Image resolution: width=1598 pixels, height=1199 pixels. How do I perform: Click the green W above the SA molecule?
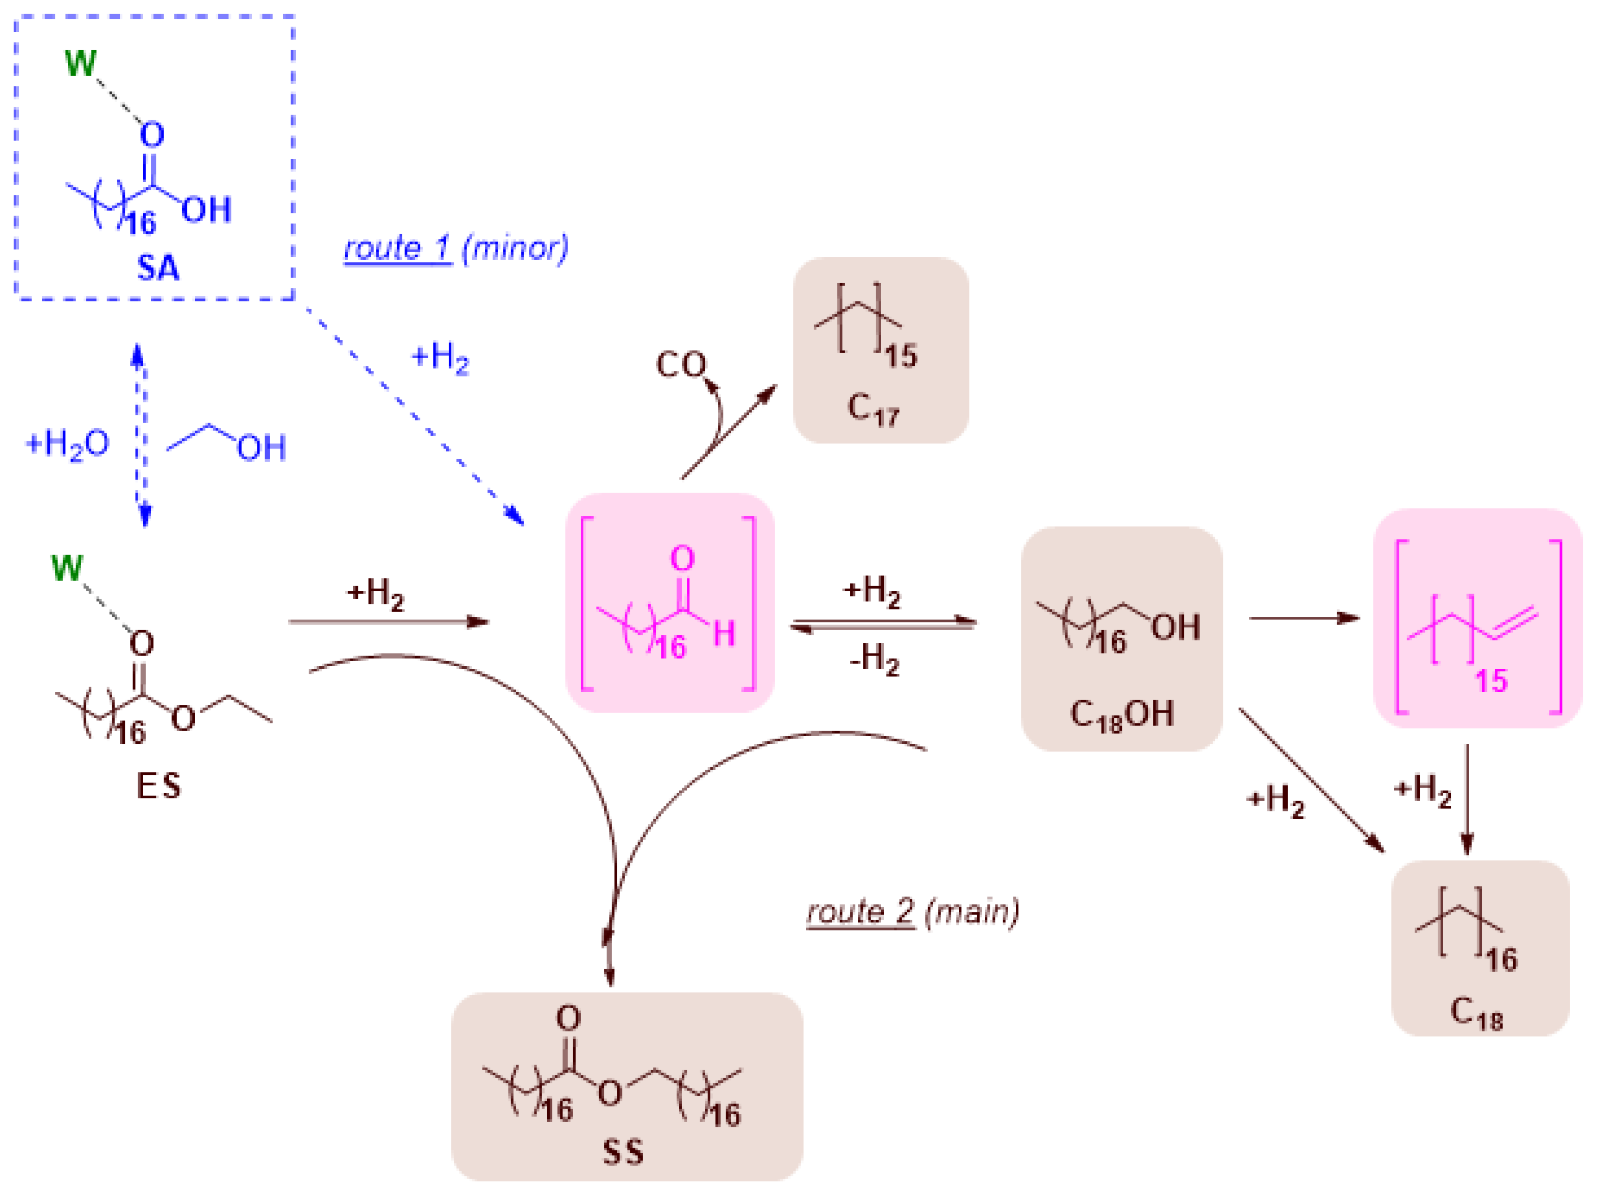click(80, 63)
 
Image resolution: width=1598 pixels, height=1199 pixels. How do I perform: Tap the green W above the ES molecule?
click(67, 568)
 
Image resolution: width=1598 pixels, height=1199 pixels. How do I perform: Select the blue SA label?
click(158, 268)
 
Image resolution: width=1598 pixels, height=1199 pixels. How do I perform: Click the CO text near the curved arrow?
click(681, 365)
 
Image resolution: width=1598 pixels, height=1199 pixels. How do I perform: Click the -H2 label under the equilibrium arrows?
click(874, 659)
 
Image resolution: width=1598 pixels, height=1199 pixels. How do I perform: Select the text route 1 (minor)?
click(456, 249)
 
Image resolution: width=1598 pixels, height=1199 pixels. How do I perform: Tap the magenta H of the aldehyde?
click(724, 634)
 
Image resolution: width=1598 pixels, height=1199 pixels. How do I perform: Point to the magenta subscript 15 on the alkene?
click(1491, 680)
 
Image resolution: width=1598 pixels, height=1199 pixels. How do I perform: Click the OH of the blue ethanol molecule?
click(261, 448)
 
